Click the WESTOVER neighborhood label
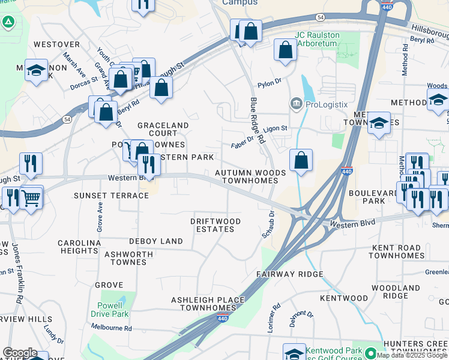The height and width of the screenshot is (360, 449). click(x=57, y=44)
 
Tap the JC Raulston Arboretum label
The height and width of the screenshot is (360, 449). click(x=317, y=40)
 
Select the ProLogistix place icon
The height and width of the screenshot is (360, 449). click(x=296, y=104)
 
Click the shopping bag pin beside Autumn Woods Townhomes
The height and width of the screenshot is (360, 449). click(x=301, y=161)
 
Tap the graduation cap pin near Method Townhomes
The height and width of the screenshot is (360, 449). click(x=379, y=124)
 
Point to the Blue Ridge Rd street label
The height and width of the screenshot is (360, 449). click(x=258, y=121)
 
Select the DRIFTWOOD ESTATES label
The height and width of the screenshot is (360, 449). click(x=215, y=226)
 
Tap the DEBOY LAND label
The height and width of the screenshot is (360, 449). click(x=156, y=241)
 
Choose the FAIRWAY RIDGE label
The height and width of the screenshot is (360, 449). click(x=290, y=274)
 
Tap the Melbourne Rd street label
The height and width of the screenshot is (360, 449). click(x=112, y=328)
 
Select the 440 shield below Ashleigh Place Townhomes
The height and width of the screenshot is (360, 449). click(x=223, y=318)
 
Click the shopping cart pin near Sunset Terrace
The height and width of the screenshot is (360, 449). click(x=31, y=198)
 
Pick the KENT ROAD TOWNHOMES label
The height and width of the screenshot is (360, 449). click(x=397, y=251)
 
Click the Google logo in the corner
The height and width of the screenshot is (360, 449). click(x=19, y=353)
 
